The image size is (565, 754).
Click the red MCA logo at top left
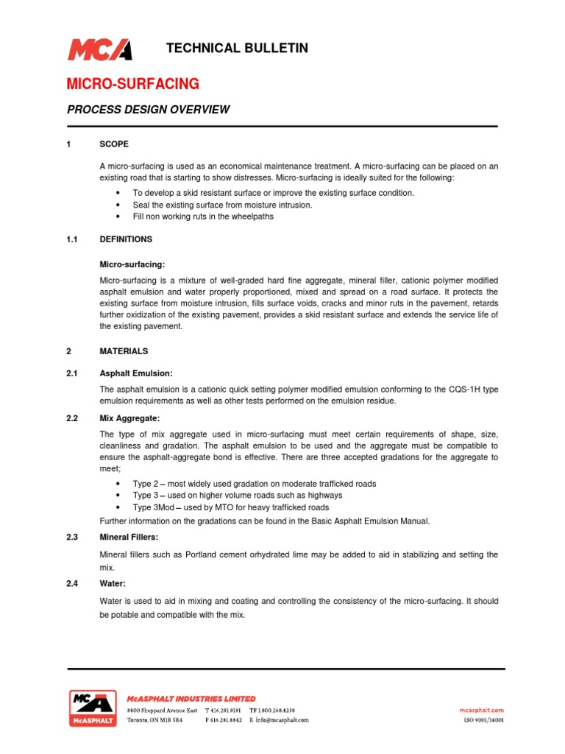[x=99, y=49]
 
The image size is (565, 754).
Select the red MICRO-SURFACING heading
[x=133, y=82]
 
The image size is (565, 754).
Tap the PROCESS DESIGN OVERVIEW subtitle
[x=149, y=110]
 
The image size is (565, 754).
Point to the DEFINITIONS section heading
[x=126, y=239]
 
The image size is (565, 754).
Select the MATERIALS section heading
[x=124, y=351]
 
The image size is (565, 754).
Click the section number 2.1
[x=72, y=373]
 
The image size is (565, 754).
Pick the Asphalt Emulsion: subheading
[x=136, y=373]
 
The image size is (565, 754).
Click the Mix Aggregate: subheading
[x=129, y=418]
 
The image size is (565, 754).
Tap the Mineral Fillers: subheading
[x=129, y=538]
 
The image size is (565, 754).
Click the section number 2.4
[x=72, y=583]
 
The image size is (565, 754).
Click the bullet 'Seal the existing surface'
[x=222, y=205]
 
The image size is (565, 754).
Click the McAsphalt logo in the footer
[x=92, y=708]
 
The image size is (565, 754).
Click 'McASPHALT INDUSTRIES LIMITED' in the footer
[x=191, y=698]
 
